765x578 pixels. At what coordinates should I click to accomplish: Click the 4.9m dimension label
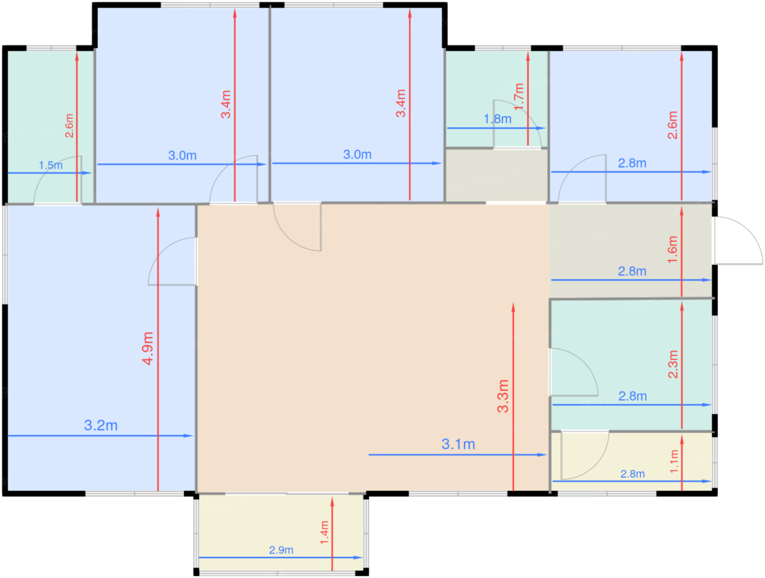148,348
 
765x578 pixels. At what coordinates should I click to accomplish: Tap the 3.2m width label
101,425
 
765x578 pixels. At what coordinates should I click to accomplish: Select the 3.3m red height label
503,396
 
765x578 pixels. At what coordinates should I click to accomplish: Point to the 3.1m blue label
458,444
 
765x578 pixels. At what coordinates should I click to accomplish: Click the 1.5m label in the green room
51,165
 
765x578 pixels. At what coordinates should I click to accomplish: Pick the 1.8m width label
497,119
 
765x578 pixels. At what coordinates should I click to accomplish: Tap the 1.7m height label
519,97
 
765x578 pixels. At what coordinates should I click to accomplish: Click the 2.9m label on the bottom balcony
281,550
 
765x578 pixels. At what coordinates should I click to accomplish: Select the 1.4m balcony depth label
325,532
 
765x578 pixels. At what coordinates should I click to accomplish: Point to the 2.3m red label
673,364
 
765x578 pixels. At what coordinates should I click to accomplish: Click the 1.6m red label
672,249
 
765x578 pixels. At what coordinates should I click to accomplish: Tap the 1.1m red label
674,461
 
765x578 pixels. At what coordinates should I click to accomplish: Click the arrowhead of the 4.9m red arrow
158,212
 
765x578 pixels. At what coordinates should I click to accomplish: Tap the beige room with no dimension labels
496,176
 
